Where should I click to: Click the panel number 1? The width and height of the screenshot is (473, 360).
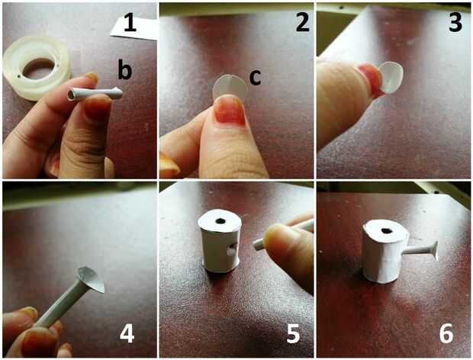[x=130, y=21]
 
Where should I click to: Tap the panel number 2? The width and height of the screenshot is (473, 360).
[x=303, y=21]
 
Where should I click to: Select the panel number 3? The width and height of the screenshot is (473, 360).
[x=455, y=21]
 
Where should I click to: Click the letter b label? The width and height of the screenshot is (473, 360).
[x=125, y=69]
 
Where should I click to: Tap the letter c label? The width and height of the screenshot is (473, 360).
[x=256, y=78]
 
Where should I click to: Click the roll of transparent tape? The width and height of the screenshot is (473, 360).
[x=36, y=68]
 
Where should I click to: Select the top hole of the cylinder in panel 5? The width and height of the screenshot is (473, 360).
[x=220, y=221]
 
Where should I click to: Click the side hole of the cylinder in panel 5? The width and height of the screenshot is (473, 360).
[x=231, y=250]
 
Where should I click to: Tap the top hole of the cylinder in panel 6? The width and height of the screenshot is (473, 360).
[x=385, y=231]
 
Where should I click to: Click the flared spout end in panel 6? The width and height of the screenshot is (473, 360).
[x=436, y=251]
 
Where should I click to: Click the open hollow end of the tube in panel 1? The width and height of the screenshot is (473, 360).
[x=71, y=95]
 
